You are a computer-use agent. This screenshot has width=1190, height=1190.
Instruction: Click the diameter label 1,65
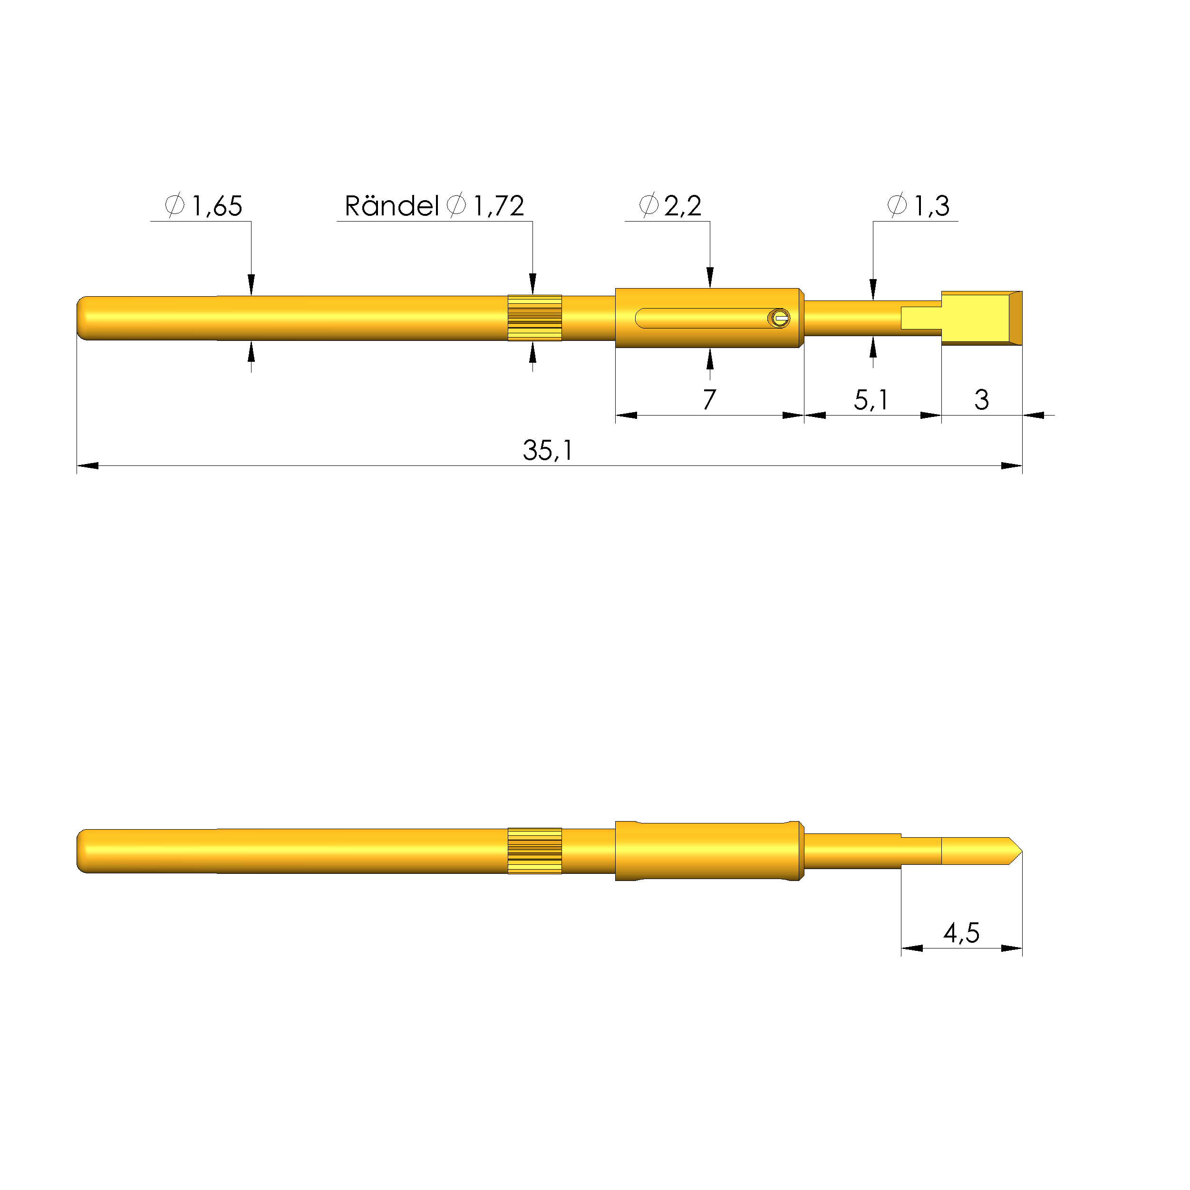tap(217, 206)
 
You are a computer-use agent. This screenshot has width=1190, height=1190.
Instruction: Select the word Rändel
tap(392, 206)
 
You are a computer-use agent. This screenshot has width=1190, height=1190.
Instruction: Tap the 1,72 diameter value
tap(499, 206)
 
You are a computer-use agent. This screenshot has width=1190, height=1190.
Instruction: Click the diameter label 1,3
tap(931, 206)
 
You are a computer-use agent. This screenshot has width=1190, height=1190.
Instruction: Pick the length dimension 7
tap(709, 400)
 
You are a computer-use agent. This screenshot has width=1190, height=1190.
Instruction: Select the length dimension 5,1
tap(871, 400)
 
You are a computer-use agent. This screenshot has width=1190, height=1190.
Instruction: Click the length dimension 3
tap(982, 400)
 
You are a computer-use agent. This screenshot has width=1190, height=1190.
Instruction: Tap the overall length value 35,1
tap(548, 450)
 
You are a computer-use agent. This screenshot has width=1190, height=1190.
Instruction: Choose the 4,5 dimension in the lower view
tap(961, 933)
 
